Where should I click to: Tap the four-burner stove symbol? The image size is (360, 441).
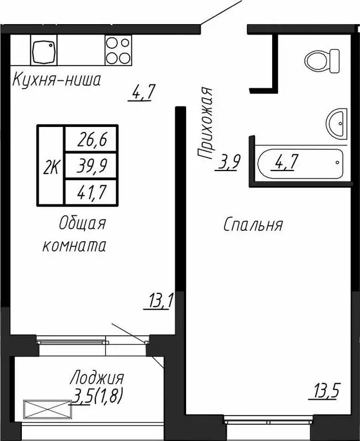pyautogui.click(x=118, y=50)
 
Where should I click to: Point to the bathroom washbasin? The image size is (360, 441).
pyautogui.click(x=336, y=122)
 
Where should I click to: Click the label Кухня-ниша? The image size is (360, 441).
pyautogui.click(x=57, y=80)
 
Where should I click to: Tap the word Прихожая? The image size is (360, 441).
pyautogui.click(x=205, y=122)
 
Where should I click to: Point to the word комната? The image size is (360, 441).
pyautogui.click(x=75, y=246)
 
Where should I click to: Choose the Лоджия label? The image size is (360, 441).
pyautogui.click(x=96, y=378)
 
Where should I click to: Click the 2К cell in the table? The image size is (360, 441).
pyautogui.click(x=51, y=167)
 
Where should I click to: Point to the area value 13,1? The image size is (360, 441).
pyautogui.click(x=159, y=300)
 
